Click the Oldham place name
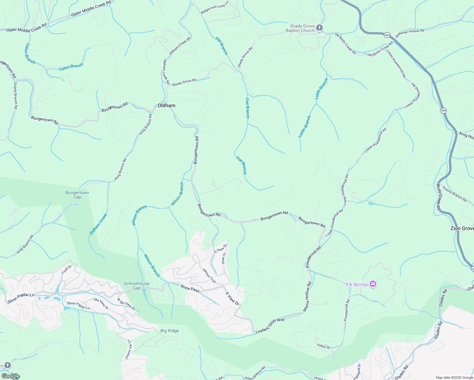coord(166,105)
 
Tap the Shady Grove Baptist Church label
coord(300,28)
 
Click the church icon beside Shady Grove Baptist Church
coord(319,28)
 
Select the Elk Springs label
coord(357,284)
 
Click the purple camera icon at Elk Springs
coord(373,284)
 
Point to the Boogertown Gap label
coord(77,195)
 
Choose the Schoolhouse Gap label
coord(137,286)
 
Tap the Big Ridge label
coord(170,331)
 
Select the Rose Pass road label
coord(190,288)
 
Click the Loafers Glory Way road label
coord(270,326)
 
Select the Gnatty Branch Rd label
coord(15,96)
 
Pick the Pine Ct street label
coord(224,258)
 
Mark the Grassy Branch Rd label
coord(455,194)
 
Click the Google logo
coord(10,376)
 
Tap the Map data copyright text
coord(454,377)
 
